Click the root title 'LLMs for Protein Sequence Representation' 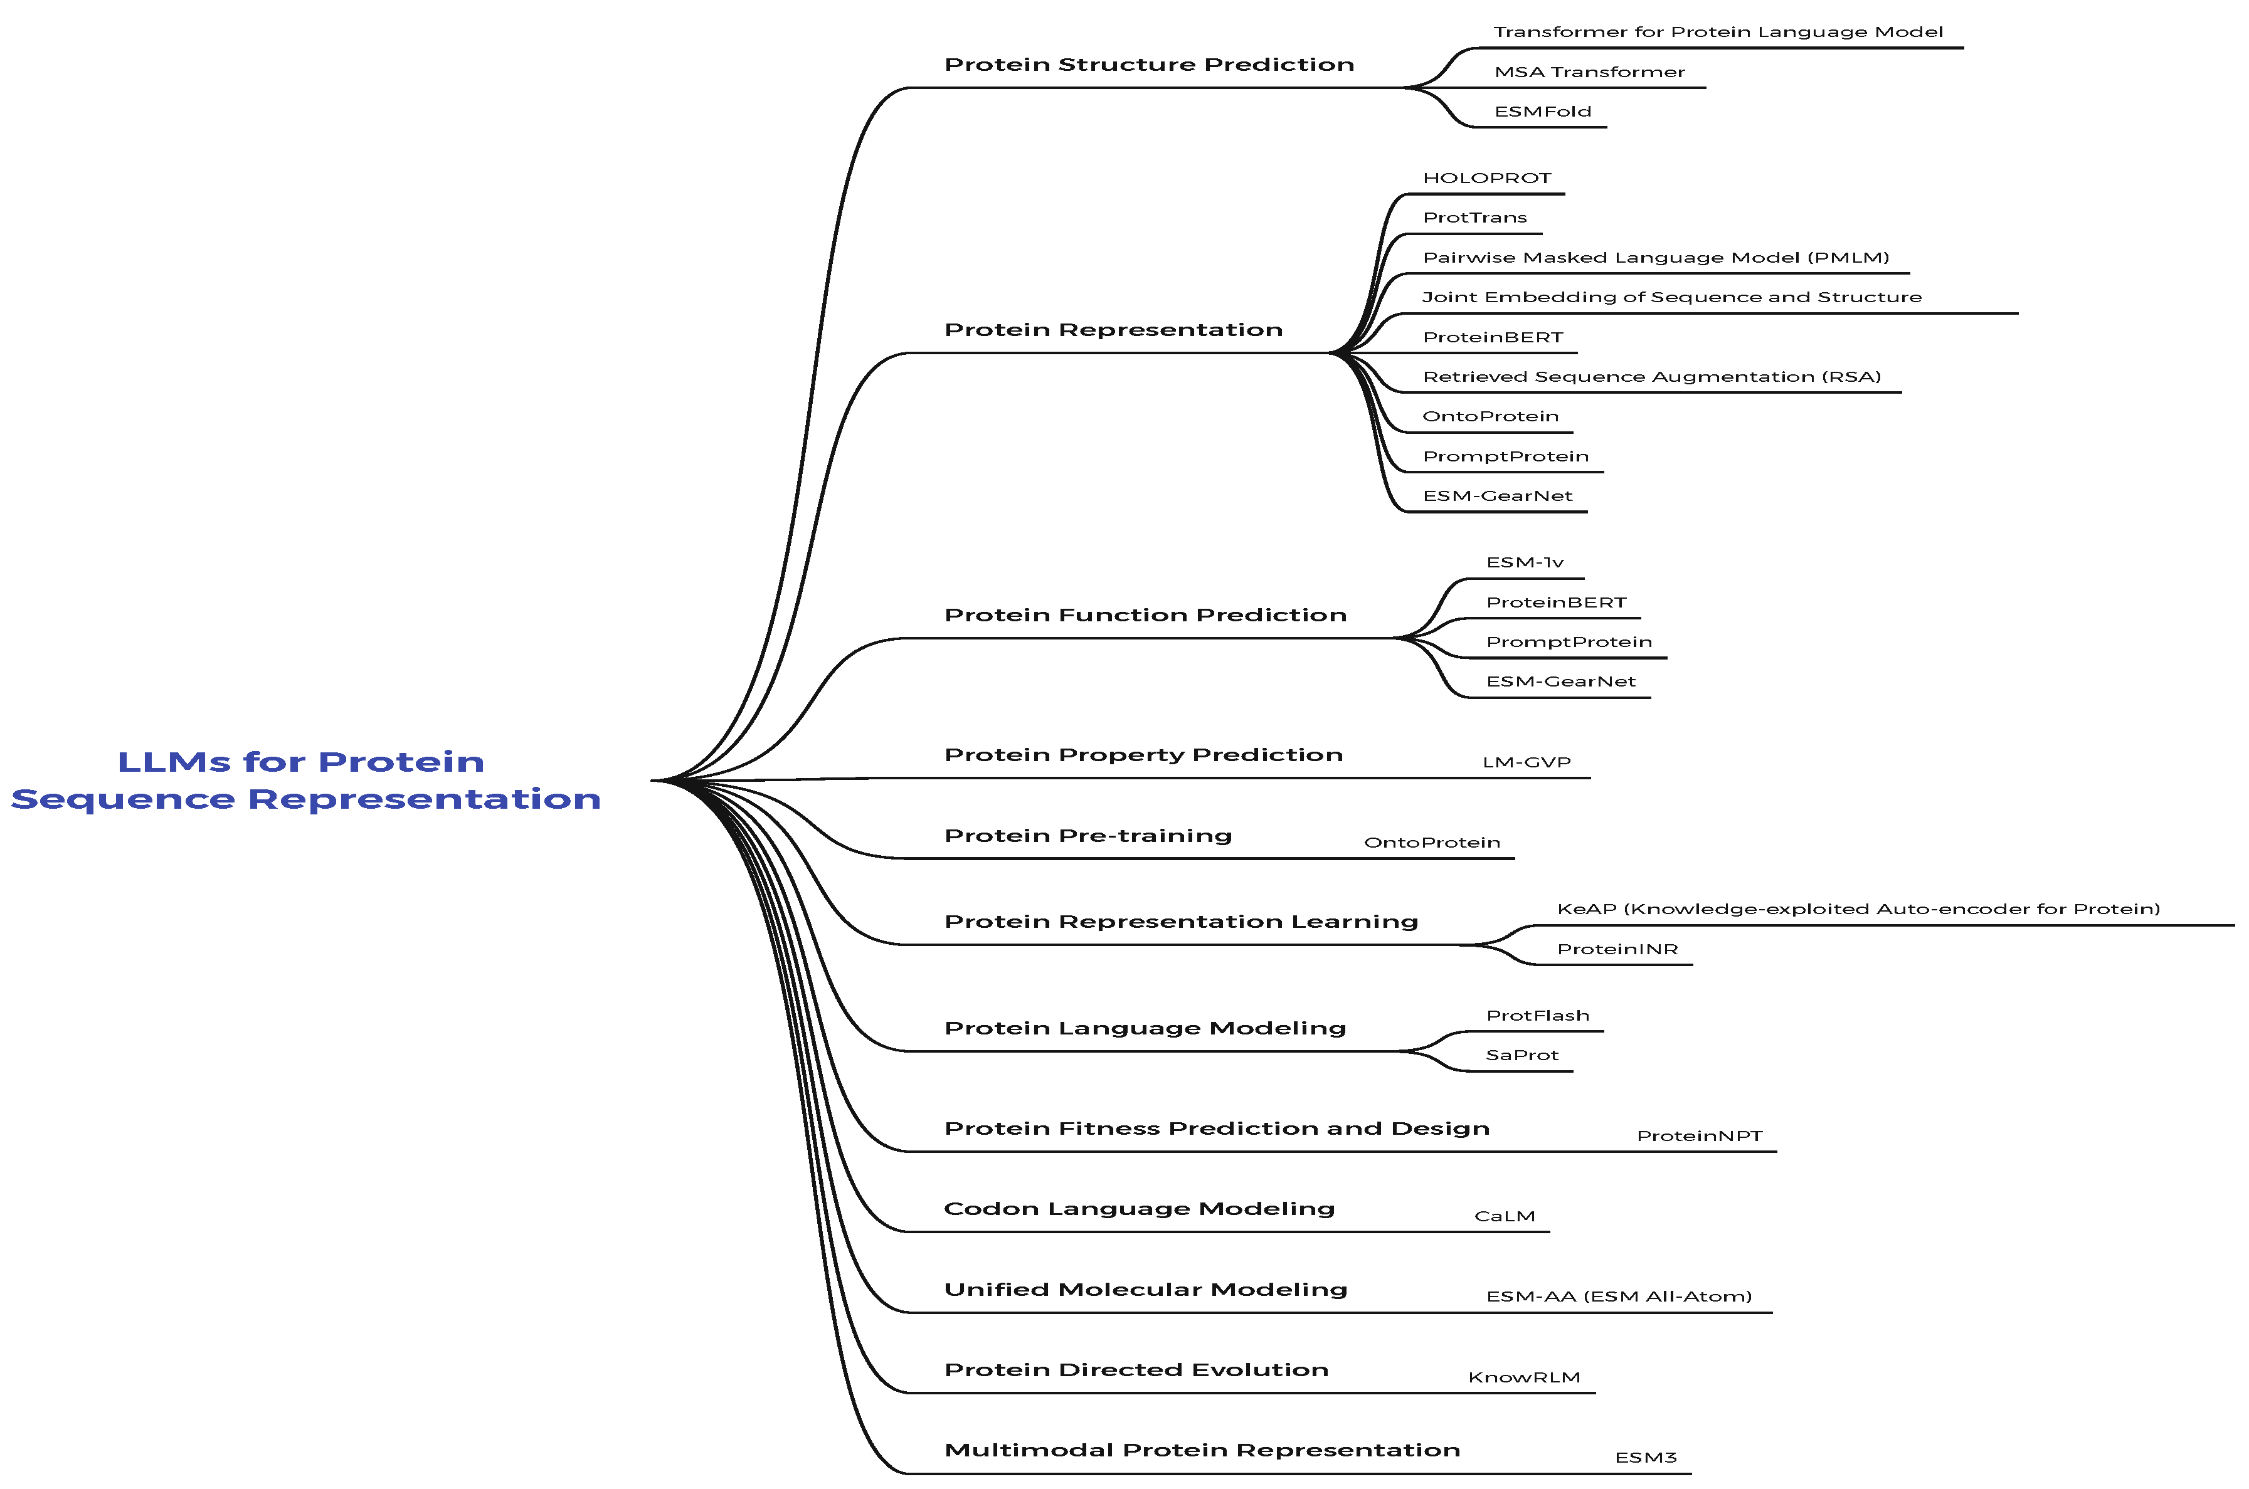click(x=304, y=780)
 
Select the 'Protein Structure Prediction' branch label click(x=1148, y=65)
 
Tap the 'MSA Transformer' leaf click(x=1589, y=72)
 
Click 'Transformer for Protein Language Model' click(x=1717, y=32)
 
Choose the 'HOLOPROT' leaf click(x=1486, y=179)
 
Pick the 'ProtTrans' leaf click(x=1474, y=218)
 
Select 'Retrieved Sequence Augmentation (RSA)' click(x=1651, y=377)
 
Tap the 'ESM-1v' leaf click(x=1525, y=563)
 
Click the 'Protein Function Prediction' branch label click(x=1145, y=616)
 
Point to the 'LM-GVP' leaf click(x=1527, y=762)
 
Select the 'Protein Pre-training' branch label click(x=1087, y=836)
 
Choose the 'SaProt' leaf click(x=1521, y=1056)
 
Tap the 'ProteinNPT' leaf click(x=1699, y=1137)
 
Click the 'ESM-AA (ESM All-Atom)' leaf click(x=1618, y=1297)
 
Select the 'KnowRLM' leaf click(x=1523, y=1378)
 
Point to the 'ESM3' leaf click(x=1645, y=1458)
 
